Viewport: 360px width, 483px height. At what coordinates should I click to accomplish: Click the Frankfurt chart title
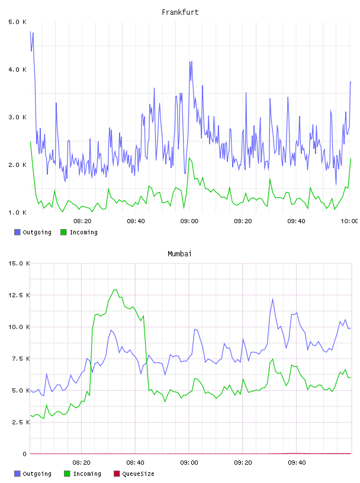(x=180, y=12)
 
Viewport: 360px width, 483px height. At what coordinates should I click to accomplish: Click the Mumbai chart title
(x=179, y=254)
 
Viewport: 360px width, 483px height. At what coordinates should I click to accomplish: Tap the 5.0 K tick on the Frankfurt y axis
(x=18, y=22)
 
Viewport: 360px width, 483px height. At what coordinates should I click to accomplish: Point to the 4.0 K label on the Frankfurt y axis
(x=18, y=70)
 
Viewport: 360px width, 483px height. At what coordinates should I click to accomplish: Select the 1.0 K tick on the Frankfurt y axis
(x=18, y=212)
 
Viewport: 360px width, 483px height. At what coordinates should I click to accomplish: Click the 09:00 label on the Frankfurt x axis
(x=189, y=221)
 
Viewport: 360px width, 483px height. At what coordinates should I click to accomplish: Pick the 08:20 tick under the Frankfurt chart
(x=83, y=221)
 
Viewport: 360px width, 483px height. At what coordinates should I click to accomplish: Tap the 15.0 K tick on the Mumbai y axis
(x=19, y=263)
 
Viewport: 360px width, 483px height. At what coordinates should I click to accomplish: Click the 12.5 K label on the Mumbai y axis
(x=19, y=295)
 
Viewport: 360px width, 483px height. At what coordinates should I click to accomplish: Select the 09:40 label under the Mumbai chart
(x=297, y=463)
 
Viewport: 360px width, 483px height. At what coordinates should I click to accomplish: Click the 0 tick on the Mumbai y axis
(x=25, y=454)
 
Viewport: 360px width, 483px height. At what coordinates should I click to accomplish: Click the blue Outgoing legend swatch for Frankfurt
(x=17, y=232)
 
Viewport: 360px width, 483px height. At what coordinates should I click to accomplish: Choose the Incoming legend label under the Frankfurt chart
(x=84, y=233)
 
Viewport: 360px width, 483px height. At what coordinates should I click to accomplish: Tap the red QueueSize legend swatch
(x=117, y=474)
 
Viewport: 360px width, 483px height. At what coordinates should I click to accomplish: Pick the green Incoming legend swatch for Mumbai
(x=67, y=474)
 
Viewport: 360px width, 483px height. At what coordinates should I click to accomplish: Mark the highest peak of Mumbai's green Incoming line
(x=115, y=290)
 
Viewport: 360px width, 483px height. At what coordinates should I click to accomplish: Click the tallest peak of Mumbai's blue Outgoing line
(x=272, y=299)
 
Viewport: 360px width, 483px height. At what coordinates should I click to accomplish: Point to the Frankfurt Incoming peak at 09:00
(x=189, y=158)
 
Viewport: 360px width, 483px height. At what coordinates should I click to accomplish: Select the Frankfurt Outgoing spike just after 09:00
(x=191, y=62)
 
